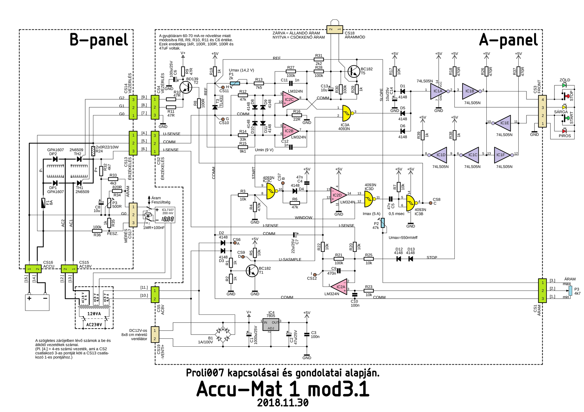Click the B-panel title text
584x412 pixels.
click(99, 40)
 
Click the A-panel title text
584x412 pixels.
click(508, 40)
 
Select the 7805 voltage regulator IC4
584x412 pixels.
click(271, 325)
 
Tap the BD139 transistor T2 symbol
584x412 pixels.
click(186, 87)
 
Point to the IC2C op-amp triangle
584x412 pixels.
click(290, 99)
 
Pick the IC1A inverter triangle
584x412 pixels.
click(438, 91)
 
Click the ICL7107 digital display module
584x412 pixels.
click(165, 215)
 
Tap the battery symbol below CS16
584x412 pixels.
click(37, 302)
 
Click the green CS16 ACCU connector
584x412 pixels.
click(33, 269)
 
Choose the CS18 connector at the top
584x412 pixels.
click(335, 29)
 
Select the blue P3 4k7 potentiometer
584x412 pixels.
click(570, 290)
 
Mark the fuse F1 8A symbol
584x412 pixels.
click(43, 203)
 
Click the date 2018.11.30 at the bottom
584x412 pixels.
click(283, 403)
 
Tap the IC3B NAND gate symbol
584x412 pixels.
click(411, 202)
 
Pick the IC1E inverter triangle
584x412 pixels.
click(504, 123)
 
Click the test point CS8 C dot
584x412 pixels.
click(430, 203)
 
